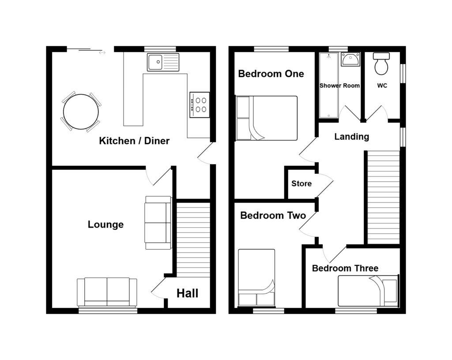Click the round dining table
[81, 112]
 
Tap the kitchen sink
[163, 62]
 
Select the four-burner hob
[199, 105]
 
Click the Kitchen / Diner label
[134, 141]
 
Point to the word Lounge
[105, 225]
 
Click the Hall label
[188, 293]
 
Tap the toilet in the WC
[380, 64]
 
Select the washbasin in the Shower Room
[350, 60]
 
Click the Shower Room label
[339, 86]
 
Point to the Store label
[301, 184]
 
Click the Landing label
[351, 137]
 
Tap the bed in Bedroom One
[267, 118]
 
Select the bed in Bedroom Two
[257, 277]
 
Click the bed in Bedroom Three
[368, 290]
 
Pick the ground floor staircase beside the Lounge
[193, 239]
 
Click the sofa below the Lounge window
[107, 292]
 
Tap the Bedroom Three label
[345, 268]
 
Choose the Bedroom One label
[271, 74]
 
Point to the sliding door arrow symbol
[102, 53]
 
